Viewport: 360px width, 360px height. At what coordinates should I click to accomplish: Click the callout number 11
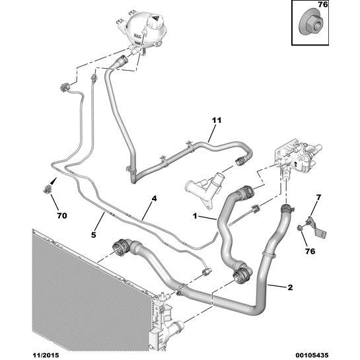217,120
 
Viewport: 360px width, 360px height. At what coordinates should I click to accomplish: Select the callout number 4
154,198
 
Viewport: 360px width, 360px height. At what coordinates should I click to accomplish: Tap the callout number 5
93,235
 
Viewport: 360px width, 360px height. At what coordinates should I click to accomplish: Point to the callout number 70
62,215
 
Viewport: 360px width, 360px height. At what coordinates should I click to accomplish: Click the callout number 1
195,216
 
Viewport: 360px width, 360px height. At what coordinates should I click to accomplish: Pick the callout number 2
290,287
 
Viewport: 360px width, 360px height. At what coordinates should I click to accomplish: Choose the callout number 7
318,198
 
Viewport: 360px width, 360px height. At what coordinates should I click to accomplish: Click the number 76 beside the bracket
310,251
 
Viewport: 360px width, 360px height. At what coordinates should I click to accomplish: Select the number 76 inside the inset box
323,5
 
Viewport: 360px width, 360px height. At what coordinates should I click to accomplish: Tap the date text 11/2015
45,355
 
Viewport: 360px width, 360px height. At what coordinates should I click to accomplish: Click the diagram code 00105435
312,355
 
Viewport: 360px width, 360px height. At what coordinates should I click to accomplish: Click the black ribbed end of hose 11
240,161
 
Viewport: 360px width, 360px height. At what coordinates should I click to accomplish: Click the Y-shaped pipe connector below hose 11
204,189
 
